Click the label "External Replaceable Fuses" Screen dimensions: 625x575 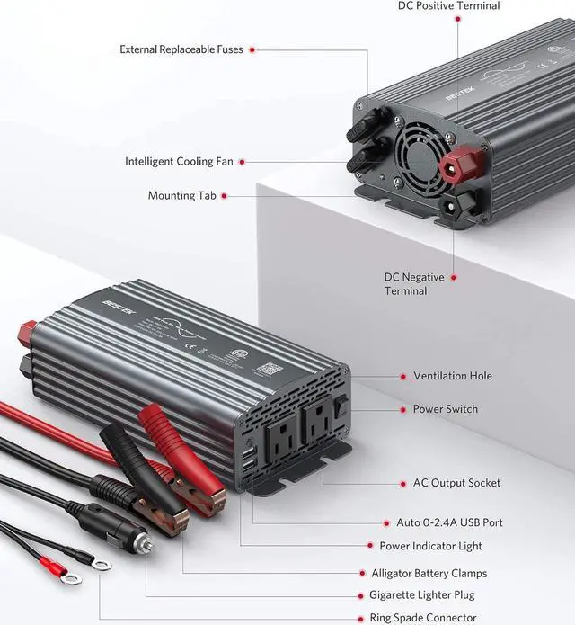pyautogui.click(x=181, y=49)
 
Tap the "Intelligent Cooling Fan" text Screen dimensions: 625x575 pyautogui.click(x=179, y=162)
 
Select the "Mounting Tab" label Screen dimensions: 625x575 pyautogui.click(x=183, y=195)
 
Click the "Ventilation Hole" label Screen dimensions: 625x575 pyautogui.click(x=452, y=376)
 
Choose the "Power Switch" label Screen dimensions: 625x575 pyautogui.click(x=445, y=409)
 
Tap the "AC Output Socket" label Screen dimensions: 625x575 pyautogui.click(x=456, y=483)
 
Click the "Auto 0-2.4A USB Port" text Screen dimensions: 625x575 pyautogui.click(x=449, y=522)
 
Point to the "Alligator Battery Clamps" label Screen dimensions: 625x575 pyautogui.click(x=429, y=573)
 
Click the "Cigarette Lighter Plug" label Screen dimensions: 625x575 pyautogui.click(x=421, y=595)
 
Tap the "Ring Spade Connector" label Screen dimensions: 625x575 pyautogui.click(x=422, y=618)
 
